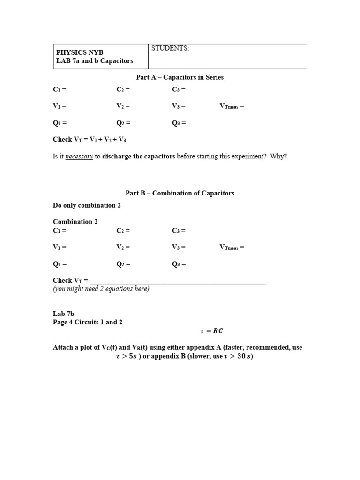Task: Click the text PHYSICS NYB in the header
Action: [x=80, y=52]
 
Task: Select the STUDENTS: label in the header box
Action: [x=170, y=49]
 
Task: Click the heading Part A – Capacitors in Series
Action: [x=180, y=77]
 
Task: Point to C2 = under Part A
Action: [x=123, y=90]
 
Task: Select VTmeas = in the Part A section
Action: [x=232, y=106]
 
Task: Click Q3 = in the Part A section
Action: [x=179, y=123]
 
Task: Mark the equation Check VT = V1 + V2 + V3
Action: [x=90, y=140]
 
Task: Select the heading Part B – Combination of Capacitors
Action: [x=180, y=193]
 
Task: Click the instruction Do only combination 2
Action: [x=87, y=205]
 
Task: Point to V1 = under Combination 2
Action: [x=60, y=247]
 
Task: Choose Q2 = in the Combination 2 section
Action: [x=123, y=264]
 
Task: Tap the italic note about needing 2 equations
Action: [x=101, y=289]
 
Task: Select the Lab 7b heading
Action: [x=64, y=314]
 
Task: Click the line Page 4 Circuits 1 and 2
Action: [x=88, y=322]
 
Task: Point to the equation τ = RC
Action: [x=211, y=331]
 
